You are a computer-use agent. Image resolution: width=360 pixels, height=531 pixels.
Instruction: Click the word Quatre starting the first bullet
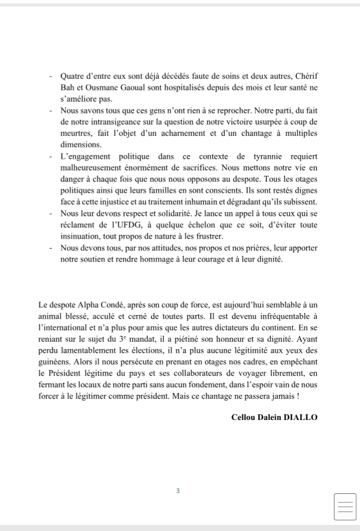point(72,76)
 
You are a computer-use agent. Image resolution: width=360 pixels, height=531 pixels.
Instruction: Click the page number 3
point(177,491)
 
